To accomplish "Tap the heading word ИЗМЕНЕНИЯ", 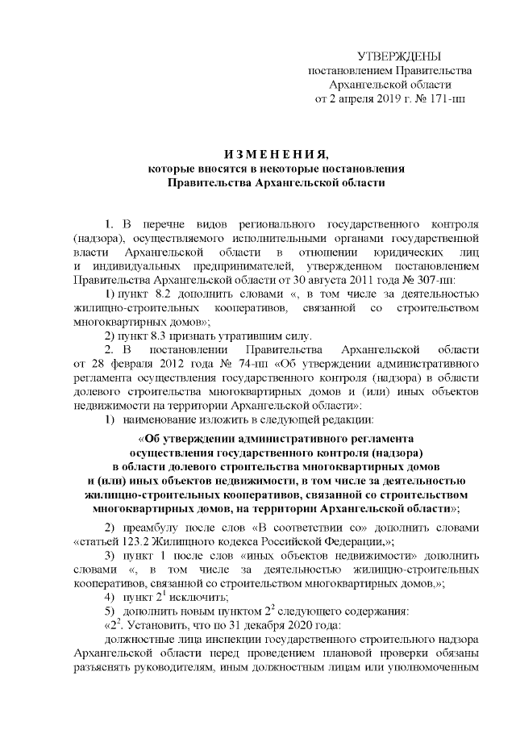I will point(264,154).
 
